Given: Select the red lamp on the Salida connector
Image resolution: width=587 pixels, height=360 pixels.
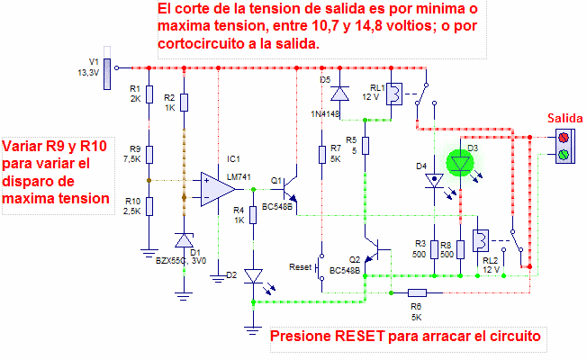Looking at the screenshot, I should (x=564, y=138).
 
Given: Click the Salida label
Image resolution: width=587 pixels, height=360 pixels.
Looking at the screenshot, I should (x=565, y=119).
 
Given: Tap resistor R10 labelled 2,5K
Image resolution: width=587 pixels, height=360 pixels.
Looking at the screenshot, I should (x=149, y=207).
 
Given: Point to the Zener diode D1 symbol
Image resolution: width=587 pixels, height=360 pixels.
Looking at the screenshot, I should (x=184, y=240).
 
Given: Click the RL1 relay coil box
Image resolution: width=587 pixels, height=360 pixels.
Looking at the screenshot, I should (x=393, y=95).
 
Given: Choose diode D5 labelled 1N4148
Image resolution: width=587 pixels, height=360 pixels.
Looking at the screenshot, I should (x=339, y=93).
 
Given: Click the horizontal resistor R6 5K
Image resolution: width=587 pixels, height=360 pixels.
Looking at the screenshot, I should (x=417, y=292).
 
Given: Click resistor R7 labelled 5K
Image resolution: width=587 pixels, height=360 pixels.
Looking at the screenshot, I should (x=321, y=154).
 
